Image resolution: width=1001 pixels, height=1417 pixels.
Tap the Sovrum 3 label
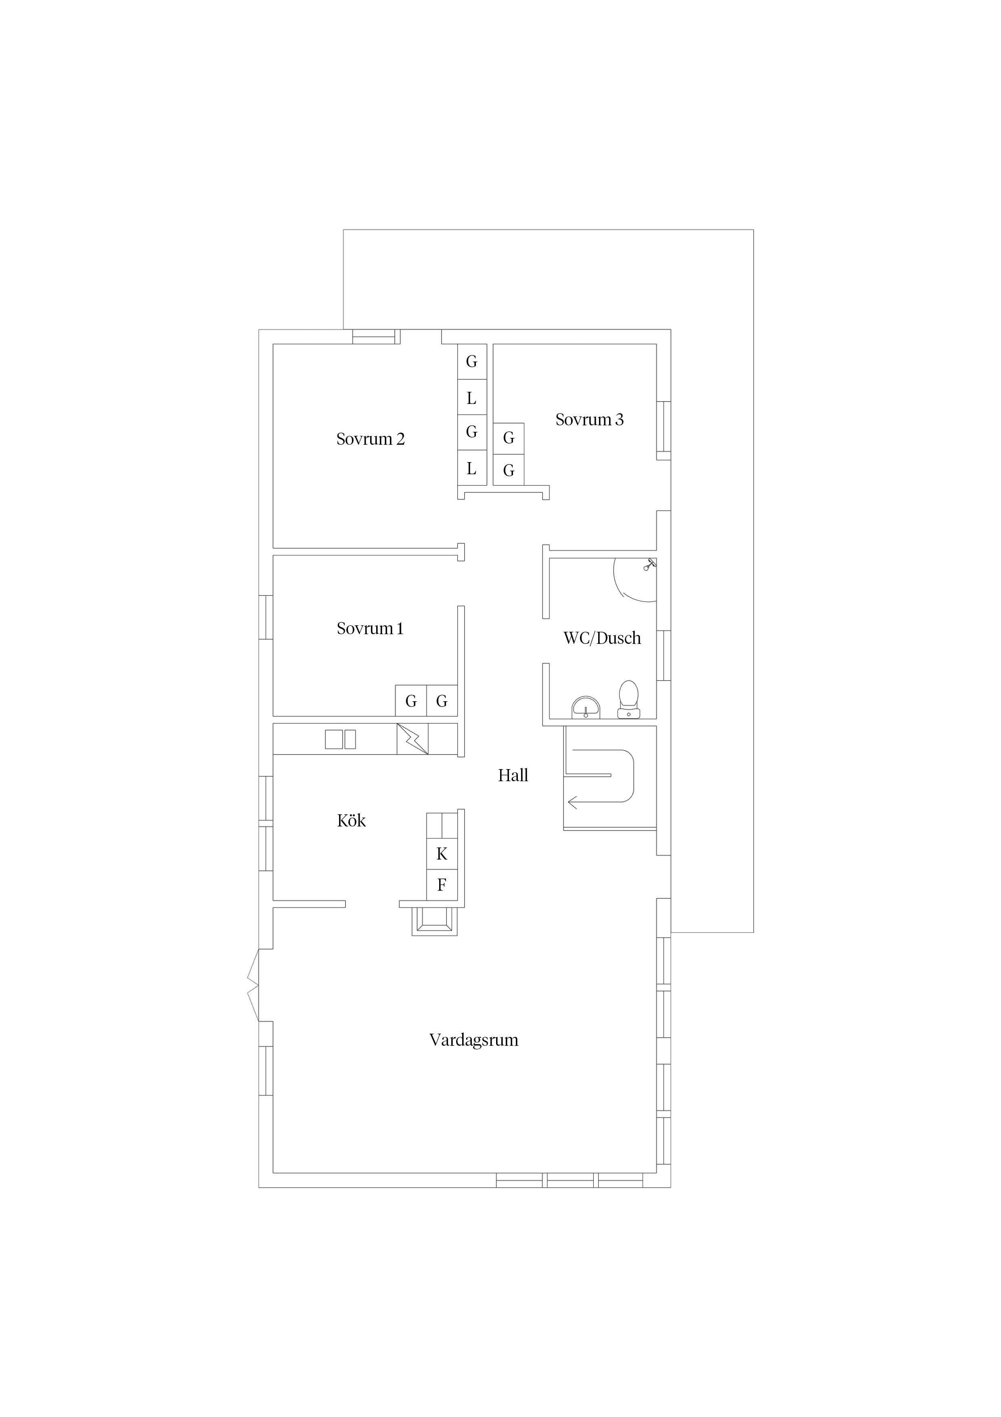tap(590, 420)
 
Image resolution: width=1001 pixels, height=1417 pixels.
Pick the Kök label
tap(352, 820)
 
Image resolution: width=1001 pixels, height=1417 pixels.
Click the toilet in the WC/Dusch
tap(628, 700)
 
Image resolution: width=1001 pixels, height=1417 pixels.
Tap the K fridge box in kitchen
tap(442, 854)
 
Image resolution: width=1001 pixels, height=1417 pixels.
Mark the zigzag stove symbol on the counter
tap(412, 739)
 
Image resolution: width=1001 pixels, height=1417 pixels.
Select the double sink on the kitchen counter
tap(340, 739)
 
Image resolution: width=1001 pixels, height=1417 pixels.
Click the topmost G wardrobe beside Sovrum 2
tap(472, 362)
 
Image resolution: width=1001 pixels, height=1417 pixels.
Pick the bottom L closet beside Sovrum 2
tap(472, 469)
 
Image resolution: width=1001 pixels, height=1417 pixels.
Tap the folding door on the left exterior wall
tap(253, 984)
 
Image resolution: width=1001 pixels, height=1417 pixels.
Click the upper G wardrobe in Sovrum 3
tap(509, 438)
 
